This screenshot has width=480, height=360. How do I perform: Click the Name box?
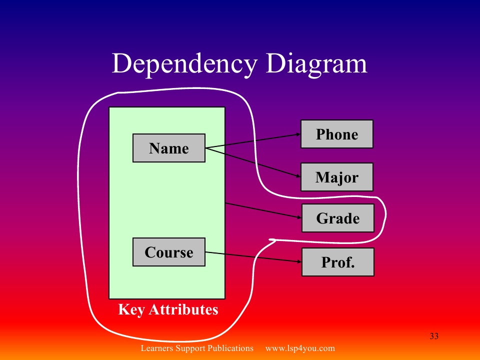click(x=169, y=148)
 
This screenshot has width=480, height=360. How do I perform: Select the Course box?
click(x=169, y=252)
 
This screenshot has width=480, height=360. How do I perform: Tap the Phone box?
click(x=337, y=134)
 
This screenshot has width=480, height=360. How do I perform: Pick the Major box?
click(x=337, y=177)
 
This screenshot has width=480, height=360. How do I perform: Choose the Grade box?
click(x=338, y=218)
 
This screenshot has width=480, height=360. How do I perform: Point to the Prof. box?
click(x=338, y=262)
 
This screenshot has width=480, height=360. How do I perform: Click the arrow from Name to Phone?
click(x=252, y=141)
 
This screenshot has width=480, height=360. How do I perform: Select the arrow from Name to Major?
click(x=252, y=162)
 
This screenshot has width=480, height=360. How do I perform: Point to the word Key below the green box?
click(x=131, y=309)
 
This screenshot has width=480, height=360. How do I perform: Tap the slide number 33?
click(x=434, y=336)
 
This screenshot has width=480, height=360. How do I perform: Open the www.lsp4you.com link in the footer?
click(x=299, y=348)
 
